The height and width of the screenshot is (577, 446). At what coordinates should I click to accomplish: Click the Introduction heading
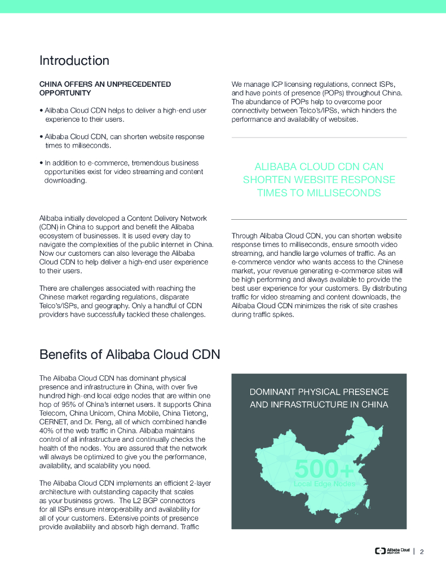[x=74, y=61]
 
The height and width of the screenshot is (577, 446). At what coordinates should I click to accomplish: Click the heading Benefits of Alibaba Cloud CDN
[x=129, y=355]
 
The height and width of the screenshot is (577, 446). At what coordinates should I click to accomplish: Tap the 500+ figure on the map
[x=324, y=469]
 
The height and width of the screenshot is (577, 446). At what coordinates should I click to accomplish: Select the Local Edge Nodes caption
[x=324, y=484]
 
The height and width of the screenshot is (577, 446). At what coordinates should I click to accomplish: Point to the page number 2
[x=422, y=552]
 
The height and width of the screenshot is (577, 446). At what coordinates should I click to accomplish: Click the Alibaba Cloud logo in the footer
[x=392, y=551]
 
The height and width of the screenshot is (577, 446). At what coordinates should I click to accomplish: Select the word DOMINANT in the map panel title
[x=272, y=392]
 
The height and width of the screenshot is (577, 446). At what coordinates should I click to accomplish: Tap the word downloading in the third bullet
[x=65, y=180]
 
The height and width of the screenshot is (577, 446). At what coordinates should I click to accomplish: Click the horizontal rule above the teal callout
[x=319, y=137]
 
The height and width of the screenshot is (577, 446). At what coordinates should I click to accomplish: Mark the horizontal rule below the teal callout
[x=319, y=219]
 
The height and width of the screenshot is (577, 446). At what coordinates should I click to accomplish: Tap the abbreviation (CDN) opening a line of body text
[x=49, y=227]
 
